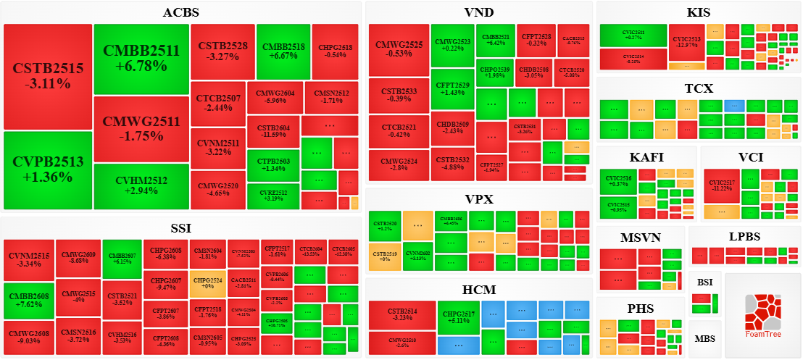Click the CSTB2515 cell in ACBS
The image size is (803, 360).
tap(48, 77)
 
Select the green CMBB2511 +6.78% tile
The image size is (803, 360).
tap(141, 59)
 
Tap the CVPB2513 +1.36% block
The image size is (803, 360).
tap(48, 169)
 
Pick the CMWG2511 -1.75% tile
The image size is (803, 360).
tap(141, 129)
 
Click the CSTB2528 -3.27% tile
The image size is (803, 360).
tap(222, 51)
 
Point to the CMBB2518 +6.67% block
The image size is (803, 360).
tap(283, 51)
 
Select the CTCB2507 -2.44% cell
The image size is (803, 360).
tap(217, 104)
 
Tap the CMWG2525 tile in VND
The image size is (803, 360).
tap(399, 49)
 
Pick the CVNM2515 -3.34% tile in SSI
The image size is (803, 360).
tap(29, 260)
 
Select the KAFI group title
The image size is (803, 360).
tap(646, 157)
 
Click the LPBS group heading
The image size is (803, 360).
tap(745, 237)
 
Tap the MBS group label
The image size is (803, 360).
tap(704, 338)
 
